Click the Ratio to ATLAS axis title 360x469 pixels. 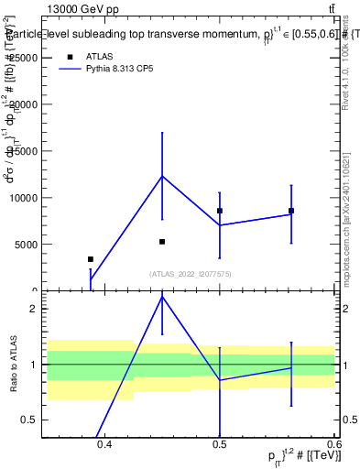pos(14,364)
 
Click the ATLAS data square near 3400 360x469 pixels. pos(90,259)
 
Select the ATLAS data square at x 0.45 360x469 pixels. pos(162,242)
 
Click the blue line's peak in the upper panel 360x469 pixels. pos(162,176)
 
